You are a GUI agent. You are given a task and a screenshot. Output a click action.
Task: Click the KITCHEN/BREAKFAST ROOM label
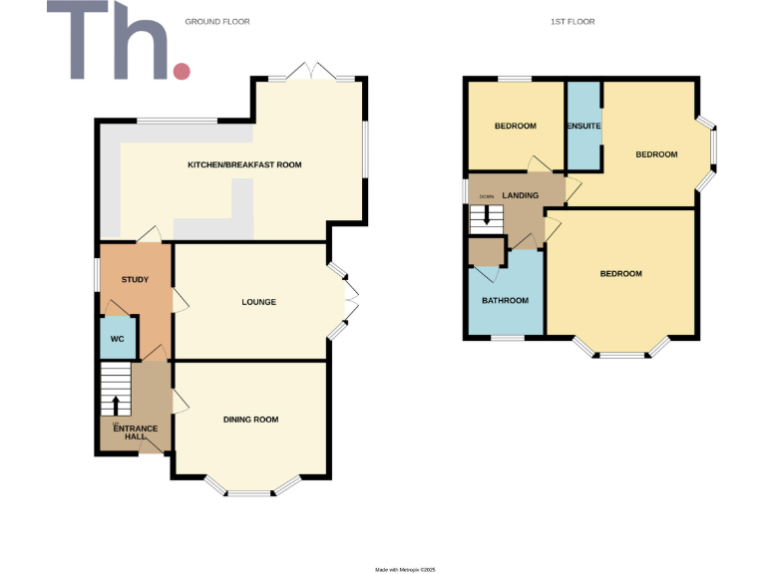(245, 164)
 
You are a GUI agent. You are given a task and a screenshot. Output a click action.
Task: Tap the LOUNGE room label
(258, 302)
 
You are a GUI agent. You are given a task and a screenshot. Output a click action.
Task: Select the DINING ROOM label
(250, 420)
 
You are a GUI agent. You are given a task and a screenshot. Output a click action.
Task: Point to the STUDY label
(135, 280)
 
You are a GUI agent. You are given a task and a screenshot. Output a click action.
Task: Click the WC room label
(117, 339)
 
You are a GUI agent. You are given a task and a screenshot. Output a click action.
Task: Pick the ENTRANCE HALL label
(136, 432)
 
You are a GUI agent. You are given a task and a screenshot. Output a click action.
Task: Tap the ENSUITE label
(583, 126)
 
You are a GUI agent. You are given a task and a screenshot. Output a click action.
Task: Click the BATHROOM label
(506, 300)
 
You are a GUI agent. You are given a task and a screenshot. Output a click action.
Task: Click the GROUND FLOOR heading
(217, 21)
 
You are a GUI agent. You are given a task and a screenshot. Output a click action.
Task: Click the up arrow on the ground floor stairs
(116, 405)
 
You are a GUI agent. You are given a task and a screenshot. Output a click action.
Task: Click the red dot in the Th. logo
(182, 71)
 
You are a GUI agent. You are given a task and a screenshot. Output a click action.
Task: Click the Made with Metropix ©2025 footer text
(405, 569)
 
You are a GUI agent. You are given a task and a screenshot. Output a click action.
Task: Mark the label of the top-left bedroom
(516, 126)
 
